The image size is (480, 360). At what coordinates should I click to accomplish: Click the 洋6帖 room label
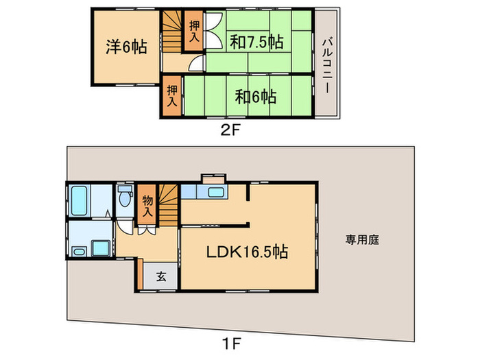125,49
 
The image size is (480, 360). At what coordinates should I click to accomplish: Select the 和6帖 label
256,97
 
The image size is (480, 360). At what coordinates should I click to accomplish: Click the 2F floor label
229,128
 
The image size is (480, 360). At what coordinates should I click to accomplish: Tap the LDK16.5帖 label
248,252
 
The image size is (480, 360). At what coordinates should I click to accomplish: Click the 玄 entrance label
161,276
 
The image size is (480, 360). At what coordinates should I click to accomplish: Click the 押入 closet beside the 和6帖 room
173,96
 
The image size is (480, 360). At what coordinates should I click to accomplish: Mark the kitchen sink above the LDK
216,192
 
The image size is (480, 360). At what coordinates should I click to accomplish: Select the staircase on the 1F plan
169,204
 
